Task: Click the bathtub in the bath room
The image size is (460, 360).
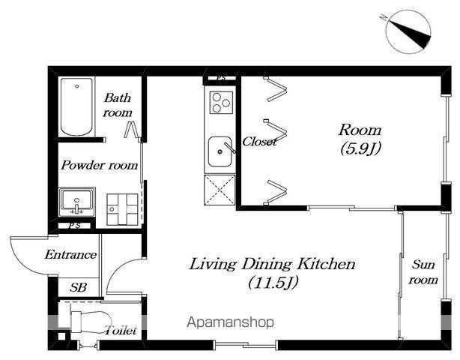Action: (x=76, y=106)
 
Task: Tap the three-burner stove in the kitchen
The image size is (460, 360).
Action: (x=221, y=103)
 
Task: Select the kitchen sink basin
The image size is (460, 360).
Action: (x=220, y=151)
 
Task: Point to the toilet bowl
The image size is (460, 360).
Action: (x=91, y=322)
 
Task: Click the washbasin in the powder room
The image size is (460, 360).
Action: (x=77, y=202)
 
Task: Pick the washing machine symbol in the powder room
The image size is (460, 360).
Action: (x=122, y=209)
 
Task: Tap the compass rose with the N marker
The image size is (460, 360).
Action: (x=408, y=31)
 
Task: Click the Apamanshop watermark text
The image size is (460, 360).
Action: (x=230, y=322)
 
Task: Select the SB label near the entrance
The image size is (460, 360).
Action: (x=79, y=287)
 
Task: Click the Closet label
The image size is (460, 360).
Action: (x=259, y=142)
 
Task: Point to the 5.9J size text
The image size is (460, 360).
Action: (x=360, y=148)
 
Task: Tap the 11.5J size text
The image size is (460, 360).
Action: (x=273, y=283)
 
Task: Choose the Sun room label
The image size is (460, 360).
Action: (x=423, y=272)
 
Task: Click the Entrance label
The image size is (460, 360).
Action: (x=70, y=254)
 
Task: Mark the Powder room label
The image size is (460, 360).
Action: (x=100, y=165)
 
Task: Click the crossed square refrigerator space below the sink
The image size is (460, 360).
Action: (x=220, y=190)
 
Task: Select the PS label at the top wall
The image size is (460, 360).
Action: (x=221, y=78)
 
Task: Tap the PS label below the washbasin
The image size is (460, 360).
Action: (x=74, y=226)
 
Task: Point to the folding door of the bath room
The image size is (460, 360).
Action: (x=131, y=129)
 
